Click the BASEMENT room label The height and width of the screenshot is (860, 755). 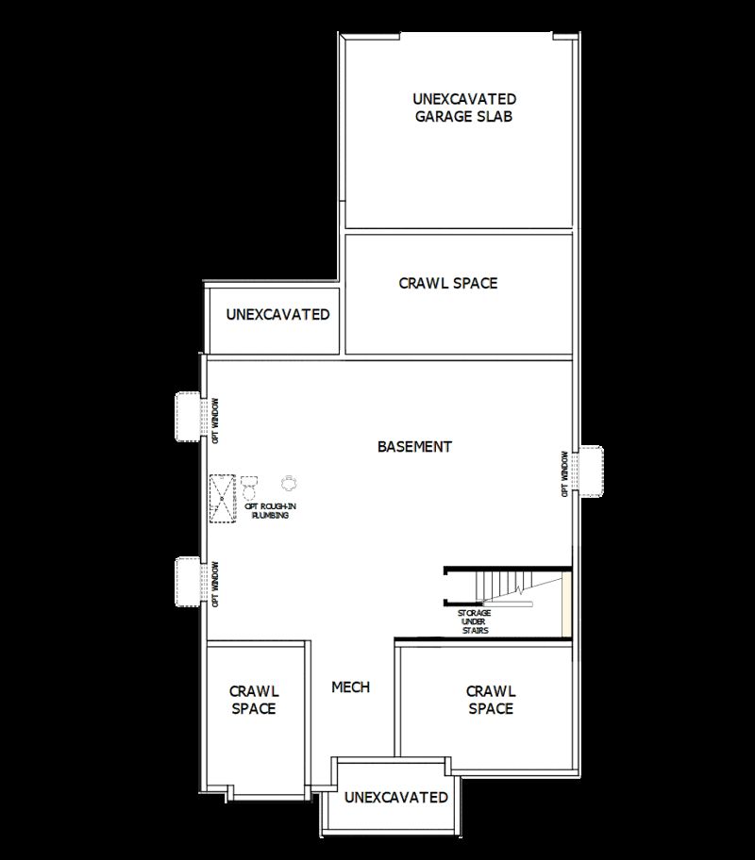414,447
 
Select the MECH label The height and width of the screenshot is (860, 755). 350,686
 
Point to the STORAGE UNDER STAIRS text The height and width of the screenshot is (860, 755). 474,621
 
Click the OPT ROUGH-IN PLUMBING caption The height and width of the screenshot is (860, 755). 270,511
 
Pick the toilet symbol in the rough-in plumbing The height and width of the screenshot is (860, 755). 249,488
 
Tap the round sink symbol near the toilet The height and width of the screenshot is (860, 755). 289,482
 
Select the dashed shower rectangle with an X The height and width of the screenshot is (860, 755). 223,498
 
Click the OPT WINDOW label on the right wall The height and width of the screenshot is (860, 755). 566,473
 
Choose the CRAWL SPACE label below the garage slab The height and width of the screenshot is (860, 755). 447,283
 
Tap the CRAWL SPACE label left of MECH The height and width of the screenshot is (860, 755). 254,700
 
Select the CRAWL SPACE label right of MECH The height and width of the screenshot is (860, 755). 491,700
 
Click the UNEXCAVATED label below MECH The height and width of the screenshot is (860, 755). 396,798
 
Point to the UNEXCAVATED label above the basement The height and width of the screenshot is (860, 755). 277,314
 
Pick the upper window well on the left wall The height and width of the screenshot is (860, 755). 187,416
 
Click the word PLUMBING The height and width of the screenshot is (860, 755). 270,516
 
